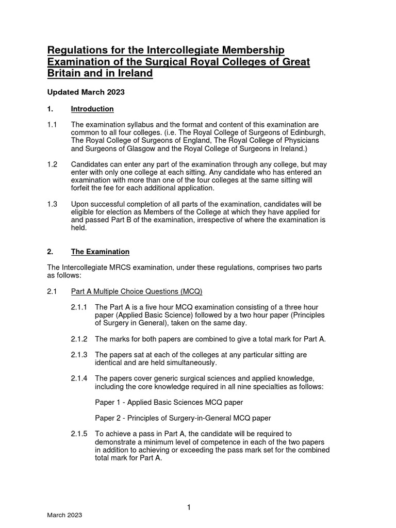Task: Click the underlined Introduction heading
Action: (x=92, y=109)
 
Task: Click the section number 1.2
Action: (x=53, y=164)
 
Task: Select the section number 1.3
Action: (x=53, y=204)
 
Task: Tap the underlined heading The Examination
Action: (x=100, y=252)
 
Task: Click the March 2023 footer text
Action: (x=64, y=515)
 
